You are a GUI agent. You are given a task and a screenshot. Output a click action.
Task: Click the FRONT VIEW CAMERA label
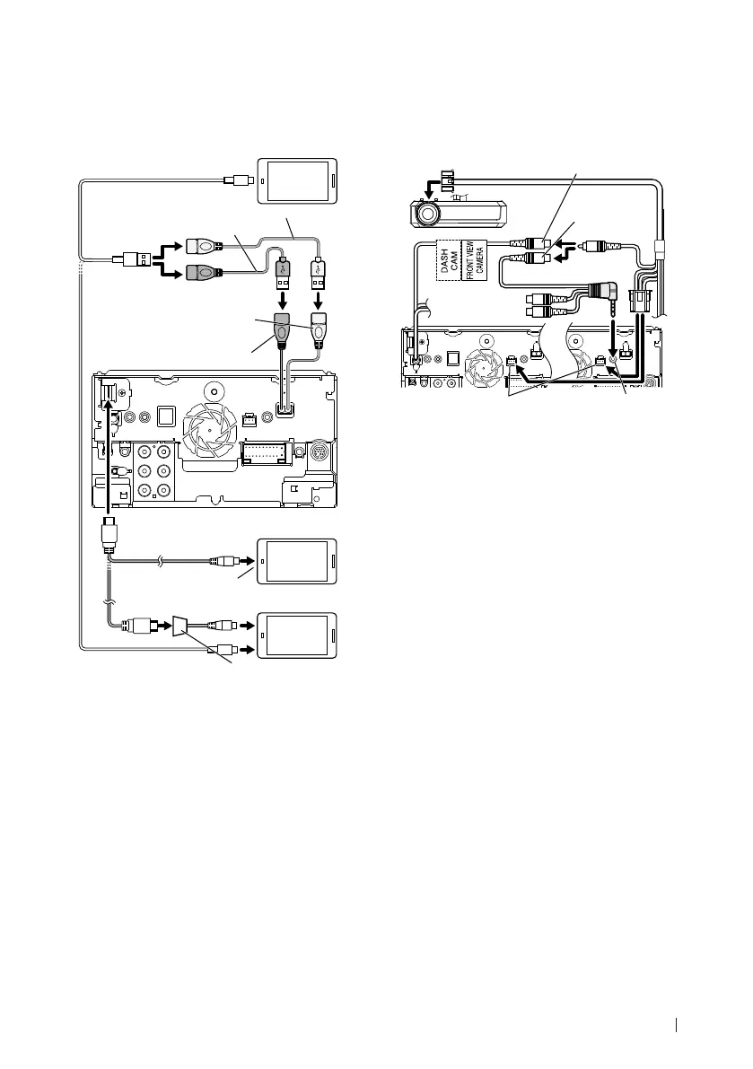[x=473, y=259]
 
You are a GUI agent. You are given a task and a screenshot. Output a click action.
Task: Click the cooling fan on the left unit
[x=208, y=430]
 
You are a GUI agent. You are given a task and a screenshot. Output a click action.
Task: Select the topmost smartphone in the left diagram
[x=298, y=180]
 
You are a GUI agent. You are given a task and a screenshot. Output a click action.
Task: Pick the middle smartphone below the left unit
[x=298, y=562]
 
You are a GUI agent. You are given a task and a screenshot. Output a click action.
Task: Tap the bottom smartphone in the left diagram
[x=298, y=636]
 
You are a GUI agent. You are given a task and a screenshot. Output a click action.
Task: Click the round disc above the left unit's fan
[x=215, y=390]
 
